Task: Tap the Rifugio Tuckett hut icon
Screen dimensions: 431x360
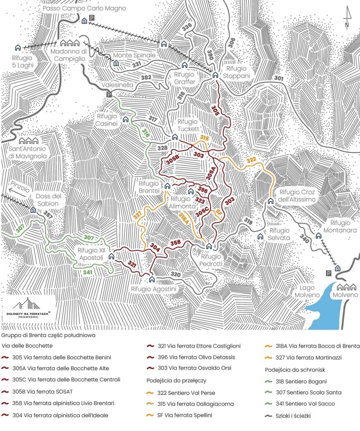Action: click(175, 137)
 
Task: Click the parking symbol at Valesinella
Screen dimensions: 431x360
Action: click(109, 95)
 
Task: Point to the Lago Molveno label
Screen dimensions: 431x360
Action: click(307, 291)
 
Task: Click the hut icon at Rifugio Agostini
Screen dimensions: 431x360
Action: click(152, 279)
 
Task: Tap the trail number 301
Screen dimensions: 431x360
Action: click(279, 78)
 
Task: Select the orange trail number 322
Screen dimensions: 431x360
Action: click(251, 160)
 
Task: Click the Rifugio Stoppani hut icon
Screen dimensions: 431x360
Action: click(215, 74)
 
